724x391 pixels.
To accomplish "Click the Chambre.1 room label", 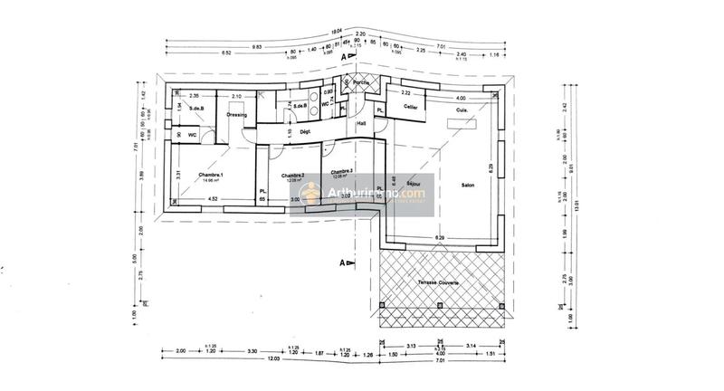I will point(210,174).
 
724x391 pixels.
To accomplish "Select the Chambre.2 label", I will point(291,175).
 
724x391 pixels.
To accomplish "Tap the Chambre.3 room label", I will point(341,171).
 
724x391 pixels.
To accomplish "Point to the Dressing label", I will point(237,116).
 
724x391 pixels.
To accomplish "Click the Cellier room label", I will point(412,108).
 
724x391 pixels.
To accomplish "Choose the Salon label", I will point(468,185).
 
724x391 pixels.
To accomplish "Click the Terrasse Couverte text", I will point(438,283).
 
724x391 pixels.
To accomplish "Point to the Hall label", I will point(361,123).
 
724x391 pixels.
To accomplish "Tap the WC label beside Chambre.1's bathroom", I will point(193,135).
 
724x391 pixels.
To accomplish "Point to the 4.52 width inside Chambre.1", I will point(213,198).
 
